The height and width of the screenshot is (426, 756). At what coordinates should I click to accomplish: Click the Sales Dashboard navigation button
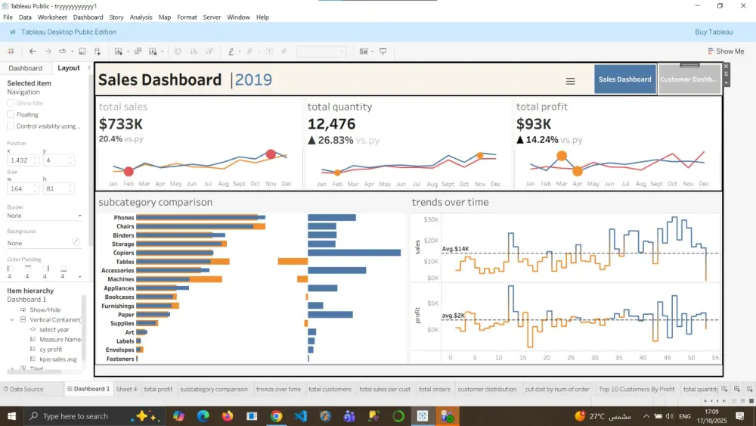tap(624, 79)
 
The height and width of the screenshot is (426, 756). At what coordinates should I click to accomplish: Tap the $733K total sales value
tap(121, 124)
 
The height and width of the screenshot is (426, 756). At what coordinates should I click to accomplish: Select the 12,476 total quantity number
tap(331, 124)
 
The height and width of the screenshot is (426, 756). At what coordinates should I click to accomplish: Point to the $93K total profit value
tap(534, 124)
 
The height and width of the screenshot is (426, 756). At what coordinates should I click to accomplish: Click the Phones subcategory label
tap(124, 218)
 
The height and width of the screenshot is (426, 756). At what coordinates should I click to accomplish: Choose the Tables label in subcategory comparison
tap(125, 262)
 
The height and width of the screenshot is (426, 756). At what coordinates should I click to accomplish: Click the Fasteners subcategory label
tap(120, 359)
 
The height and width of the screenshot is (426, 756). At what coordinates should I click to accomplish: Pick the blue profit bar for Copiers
tap(354, 253)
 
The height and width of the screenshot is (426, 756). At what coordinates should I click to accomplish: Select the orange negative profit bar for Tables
tap(293, 262)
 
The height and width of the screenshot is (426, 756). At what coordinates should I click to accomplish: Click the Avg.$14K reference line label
tap(456, 249)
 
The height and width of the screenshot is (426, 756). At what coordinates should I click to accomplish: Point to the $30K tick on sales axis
tap(431, 219)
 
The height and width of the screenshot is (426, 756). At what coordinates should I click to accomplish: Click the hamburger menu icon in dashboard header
tap(571, 82)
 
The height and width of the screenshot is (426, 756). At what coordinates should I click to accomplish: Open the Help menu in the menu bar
tap(262, 17)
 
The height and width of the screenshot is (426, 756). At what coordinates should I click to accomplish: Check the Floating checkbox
tap(11, 115)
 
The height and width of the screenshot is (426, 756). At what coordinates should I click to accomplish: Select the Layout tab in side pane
tap(69, 68)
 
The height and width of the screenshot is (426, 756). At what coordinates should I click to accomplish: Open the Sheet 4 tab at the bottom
tap(126, 389)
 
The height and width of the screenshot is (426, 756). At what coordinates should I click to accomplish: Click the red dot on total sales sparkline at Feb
tap(129, 172)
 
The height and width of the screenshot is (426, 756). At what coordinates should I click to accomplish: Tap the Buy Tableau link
tap(714, 32)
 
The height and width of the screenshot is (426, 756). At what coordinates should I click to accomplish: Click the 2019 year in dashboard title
tap(253, 80)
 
